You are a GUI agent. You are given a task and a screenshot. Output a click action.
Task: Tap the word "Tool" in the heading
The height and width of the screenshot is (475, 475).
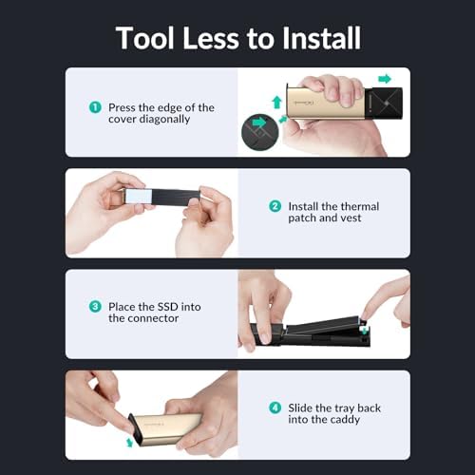pos(145,38)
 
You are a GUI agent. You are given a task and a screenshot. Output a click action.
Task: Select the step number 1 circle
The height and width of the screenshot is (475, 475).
pos(95,107)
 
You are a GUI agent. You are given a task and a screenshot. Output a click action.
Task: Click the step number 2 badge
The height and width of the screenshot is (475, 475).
pos(275,206)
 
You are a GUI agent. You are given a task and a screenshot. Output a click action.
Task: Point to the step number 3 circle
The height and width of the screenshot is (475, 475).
pos(95,307)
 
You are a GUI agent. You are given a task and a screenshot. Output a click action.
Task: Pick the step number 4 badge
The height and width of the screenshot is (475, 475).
pos(275,408)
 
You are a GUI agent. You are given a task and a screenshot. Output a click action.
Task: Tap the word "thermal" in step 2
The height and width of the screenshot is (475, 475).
pos(360,206)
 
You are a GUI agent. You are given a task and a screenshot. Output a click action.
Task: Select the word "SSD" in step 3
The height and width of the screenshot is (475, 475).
pos(167,307)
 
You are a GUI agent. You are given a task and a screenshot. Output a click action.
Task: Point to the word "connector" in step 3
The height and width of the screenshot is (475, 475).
pos(151,318)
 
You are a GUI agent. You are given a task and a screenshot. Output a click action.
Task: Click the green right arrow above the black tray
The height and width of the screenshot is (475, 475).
pos(385,79)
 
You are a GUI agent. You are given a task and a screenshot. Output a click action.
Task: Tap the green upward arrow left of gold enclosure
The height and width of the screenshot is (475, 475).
pos(277,102)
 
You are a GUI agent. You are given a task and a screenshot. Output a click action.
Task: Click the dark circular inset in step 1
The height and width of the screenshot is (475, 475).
pos(260,132)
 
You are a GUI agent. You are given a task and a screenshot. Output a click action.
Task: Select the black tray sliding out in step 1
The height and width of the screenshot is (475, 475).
pos(384,104)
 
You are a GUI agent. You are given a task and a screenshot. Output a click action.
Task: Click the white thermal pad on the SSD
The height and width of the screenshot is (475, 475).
pos(139,197)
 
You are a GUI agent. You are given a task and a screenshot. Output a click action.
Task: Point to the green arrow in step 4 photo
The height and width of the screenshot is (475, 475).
pos(129,443)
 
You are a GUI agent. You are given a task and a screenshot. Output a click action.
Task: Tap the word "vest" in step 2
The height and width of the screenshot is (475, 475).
pos(351,218)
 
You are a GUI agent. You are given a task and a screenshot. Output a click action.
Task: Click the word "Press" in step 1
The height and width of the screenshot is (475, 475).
pos(122,107)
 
